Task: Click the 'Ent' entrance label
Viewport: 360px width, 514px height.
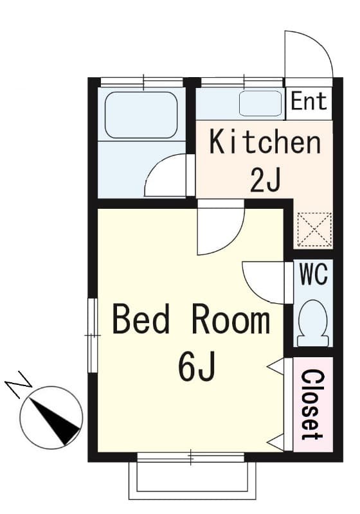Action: point(309,101)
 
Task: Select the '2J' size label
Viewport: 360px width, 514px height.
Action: point(265,181)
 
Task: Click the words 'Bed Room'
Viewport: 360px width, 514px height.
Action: point(191,319)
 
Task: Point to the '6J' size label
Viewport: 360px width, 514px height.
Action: point(197,366)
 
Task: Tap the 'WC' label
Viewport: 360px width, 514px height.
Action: point(314,274)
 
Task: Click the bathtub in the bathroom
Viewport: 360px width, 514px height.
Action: point(141,115)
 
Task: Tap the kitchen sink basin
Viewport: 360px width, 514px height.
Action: point(260,103)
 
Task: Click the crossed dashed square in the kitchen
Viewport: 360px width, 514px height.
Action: point(314,229)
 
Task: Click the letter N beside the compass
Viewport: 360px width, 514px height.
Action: point(19,384)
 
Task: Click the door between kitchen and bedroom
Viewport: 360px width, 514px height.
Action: point(221,229)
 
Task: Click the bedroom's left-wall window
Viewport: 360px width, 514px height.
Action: point(93,335)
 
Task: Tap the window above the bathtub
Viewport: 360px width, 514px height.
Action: point(141,82)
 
